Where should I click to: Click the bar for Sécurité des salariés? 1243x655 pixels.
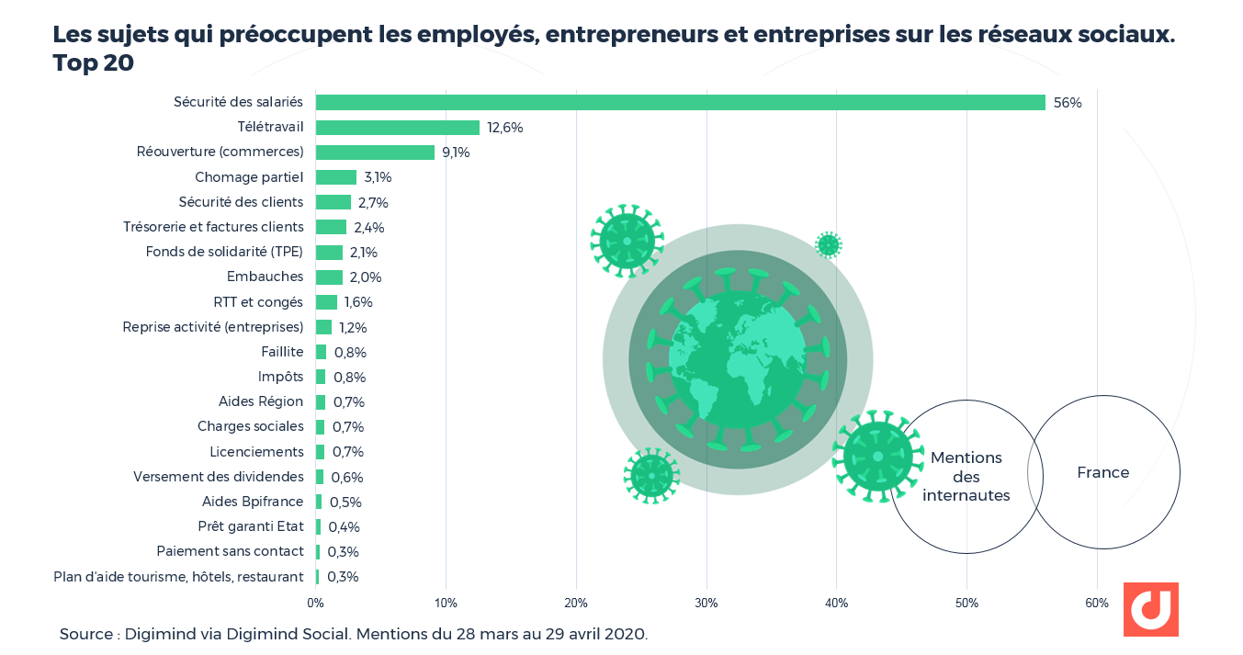[x=680, y=102]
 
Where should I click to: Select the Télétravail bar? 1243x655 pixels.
[x=397, y=128]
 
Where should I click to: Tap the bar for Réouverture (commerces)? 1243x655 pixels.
[x=375, y=152]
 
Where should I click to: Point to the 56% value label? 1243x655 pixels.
[x=1067, y=103]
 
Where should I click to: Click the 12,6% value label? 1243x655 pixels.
[x=504, y=128]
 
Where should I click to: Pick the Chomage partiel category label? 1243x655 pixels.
[x=248, y=177]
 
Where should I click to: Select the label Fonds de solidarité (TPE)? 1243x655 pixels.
[x=224, y=252]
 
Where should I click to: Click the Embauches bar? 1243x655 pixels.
[x=329, y=277]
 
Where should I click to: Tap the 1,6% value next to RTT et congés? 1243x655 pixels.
[x=358, y=302]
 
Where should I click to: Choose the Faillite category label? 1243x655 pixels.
[x=282, y=352]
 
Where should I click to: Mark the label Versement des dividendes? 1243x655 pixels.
[x=218, y=477]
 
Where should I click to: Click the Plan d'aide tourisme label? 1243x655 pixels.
[x=178, y=577]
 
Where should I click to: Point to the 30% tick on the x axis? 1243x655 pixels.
[x=706, y=604]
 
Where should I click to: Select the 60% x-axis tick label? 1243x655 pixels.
[x=1096, y=604]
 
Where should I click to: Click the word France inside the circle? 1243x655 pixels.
[x=1102, y=472]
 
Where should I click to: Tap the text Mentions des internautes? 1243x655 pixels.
[x=966, y=477]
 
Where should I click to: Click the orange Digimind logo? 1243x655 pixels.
[x=1150, y=609]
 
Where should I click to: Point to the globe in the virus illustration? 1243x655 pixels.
[x=737, y=359]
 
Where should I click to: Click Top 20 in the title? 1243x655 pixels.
[x=93, y=63]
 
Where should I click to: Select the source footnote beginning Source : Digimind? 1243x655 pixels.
[x=354, y=634]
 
